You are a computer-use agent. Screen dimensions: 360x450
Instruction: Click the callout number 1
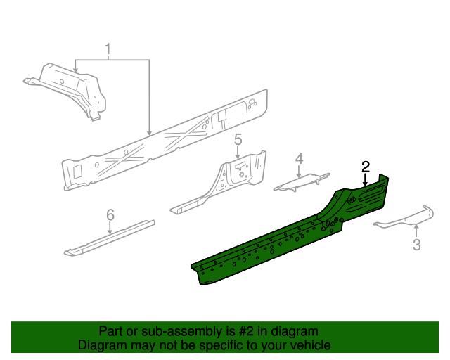point(108,50)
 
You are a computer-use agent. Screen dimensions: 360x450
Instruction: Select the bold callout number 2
point(366,167)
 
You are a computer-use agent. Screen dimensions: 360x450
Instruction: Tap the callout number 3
point(416,245)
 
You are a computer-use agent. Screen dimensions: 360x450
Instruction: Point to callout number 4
point(299,160)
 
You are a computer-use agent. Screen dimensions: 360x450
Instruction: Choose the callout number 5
point(238,139)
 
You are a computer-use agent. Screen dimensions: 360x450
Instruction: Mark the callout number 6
point(110,214)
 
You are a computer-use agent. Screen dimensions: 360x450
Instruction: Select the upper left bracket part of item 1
point(70,88)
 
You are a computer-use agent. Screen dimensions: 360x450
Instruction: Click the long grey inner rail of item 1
point(162,144)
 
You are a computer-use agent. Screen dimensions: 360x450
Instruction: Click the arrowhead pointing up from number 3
point(416,226)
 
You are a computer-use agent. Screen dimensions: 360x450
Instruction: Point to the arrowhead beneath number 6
point(110,232)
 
